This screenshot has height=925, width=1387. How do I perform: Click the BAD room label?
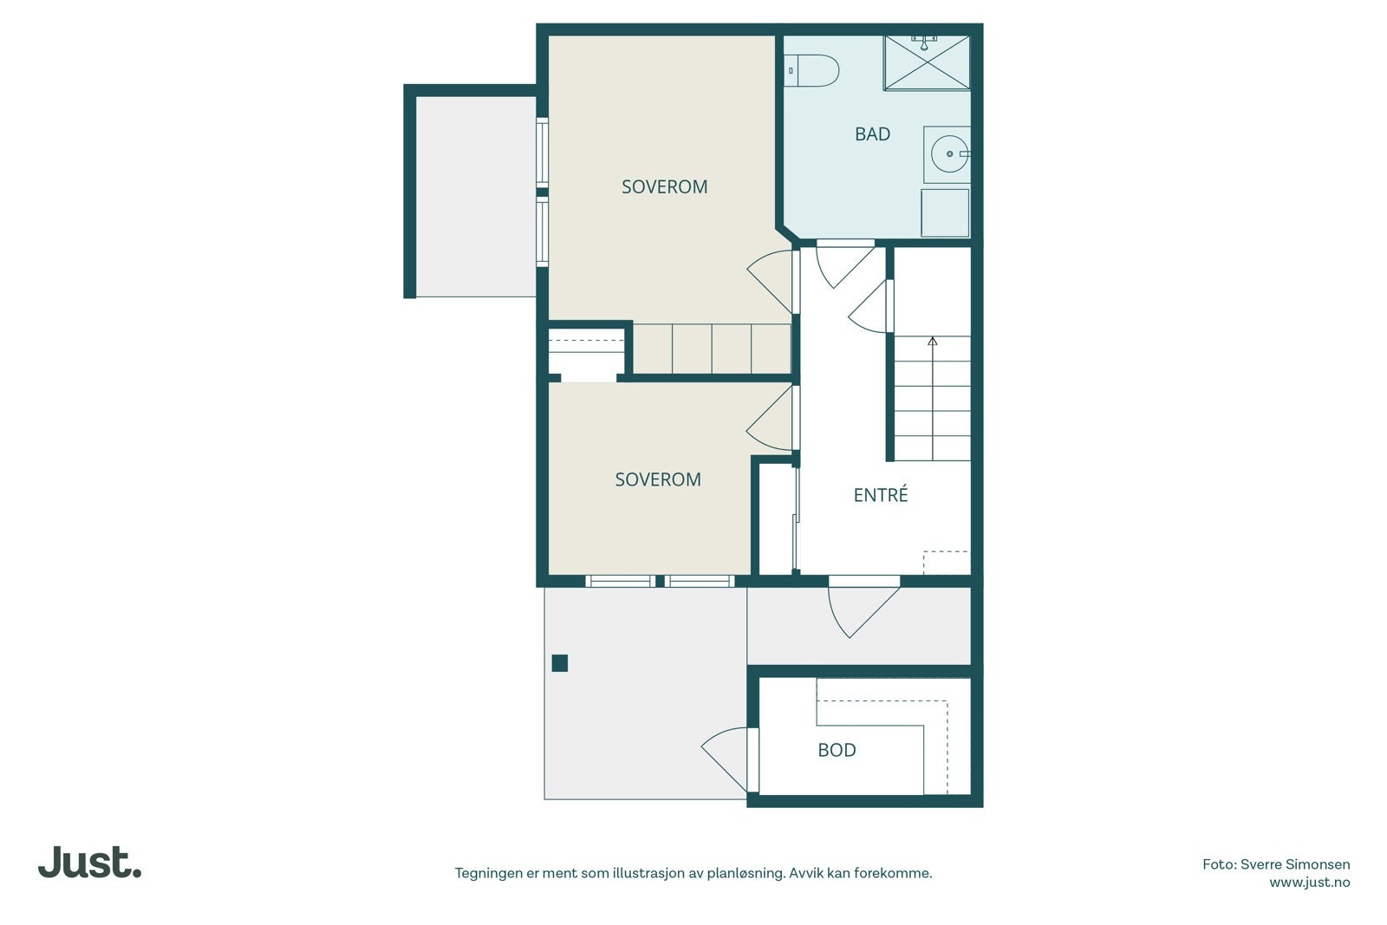[872, 134]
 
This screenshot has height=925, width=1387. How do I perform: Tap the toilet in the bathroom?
[813, 71]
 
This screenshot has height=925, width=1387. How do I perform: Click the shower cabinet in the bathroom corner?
[926, 62]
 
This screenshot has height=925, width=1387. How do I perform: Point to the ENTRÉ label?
[880, 495]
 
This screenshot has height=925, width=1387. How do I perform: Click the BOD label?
[837, 750]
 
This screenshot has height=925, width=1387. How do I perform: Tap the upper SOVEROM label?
[664, 186]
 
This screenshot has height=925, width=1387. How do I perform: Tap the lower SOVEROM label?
[657, 479]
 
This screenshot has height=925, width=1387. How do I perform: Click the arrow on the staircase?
[933, 343]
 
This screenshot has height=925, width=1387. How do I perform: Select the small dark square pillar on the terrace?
[560, 663]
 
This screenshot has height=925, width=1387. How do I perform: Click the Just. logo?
[89, 863]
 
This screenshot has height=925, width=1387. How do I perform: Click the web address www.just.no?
[1309, 883]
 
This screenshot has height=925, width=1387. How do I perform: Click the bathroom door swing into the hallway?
[841, 264]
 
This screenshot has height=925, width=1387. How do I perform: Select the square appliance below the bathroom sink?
[944, 213]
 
